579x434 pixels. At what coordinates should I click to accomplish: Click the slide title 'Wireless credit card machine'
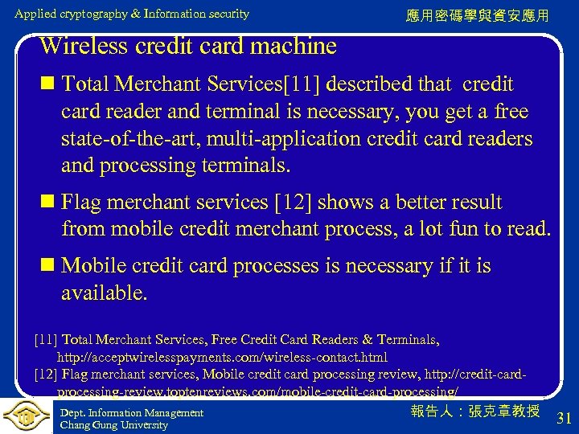pos(187,46)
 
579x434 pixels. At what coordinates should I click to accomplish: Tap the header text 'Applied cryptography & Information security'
pos(132,14)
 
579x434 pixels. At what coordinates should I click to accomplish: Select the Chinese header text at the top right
pos(478,15)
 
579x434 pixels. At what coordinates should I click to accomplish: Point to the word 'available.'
pos(105,293)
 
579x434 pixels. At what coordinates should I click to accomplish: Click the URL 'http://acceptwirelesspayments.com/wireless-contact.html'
pos(222,357)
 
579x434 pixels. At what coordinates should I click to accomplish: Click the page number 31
pos(564,417)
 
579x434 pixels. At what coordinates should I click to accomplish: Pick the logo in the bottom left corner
pos(26,416)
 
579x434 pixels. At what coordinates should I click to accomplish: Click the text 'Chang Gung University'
pos(114,425)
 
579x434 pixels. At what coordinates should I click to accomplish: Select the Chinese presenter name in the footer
pos(475,411)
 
